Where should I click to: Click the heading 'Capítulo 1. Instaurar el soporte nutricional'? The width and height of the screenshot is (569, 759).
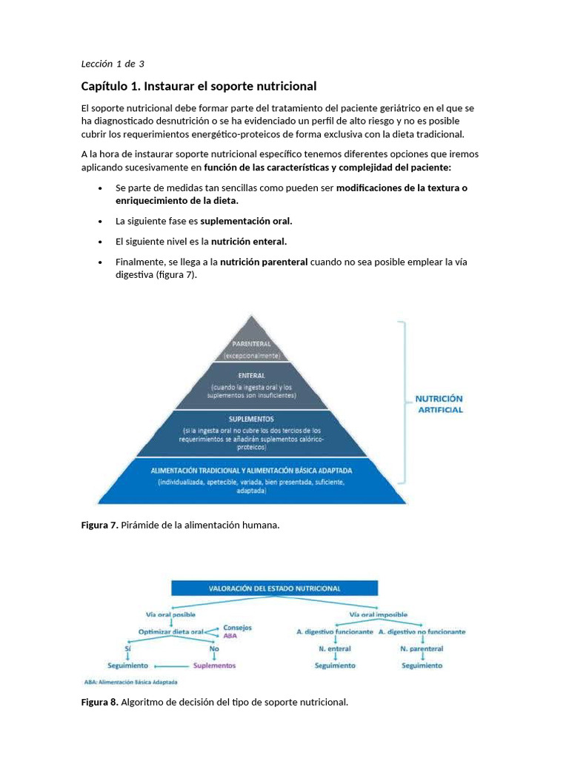click(199, 86)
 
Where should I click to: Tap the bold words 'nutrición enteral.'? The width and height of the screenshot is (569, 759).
click(249, 242)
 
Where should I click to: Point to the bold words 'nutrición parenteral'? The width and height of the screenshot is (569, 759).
click(264, 262)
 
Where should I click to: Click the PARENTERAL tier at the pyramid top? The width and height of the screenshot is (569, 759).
click(252, 345)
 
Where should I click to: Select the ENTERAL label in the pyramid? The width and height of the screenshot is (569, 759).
click(252, 376)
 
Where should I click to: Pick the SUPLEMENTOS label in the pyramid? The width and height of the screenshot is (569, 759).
click(252, 419)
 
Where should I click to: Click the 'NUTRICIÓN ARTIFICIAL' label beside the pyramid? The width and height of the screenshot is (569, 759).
click(439, 404)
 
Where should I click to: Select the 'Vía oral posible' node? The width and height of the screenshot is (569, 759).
click(170, 614)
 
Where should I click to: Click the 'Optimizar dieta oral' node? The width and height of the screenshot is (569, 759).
click(171, 632)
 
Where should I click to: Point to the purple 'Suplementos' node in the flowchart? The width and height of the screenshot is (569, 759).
click(215, 666)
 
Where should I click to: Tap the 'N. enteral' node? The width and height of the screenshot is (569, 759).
click(335, 649)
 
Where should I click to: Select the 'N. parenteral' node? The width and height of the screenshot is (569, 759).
click(422, 649)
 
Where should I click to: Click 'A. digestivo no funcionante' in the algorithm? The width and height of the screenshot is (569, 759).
click(422, 632)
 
